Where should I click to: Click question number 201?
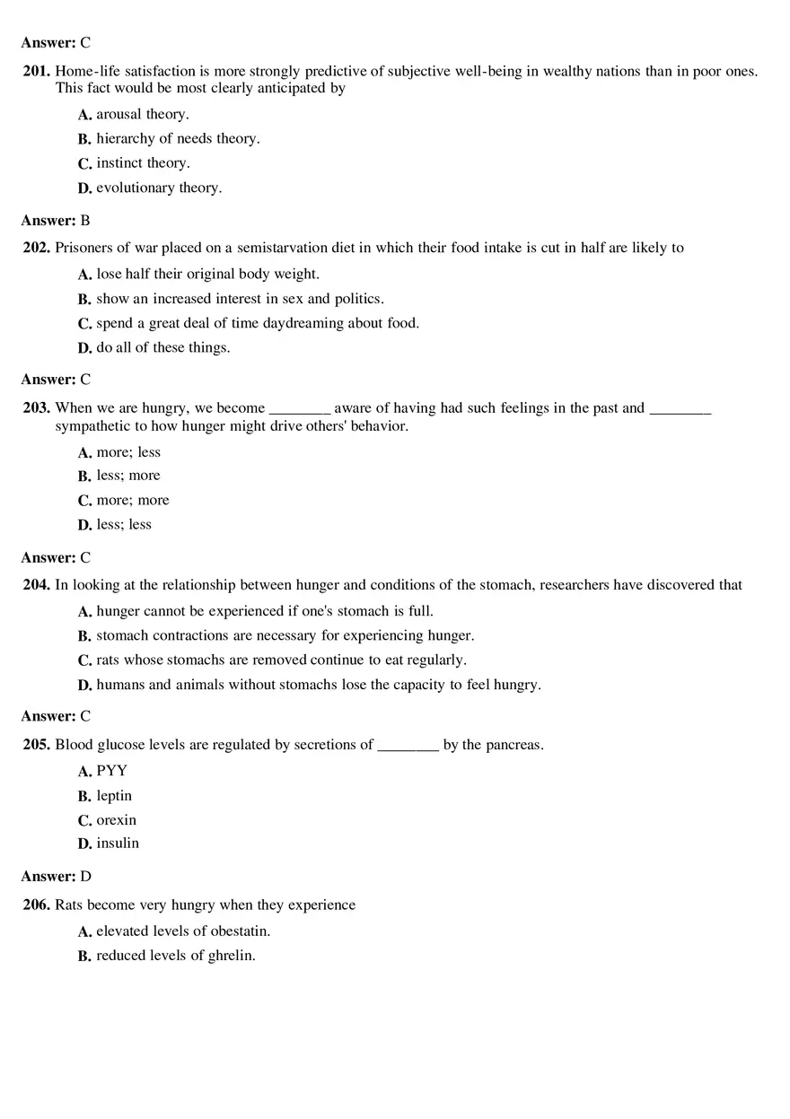coord(37,71)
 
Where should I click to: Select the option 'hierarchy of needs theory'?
coord(178,138)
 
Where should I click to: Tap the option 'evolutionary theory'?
coord(159,188)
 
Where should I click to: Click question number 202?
coord(37,248)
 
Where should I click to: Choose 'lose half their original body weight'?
coord(207,274)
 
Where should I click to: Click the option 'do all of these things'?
coord(162,347)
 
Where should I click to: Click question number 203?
coord(37,407)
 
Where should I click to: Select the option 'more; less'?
coord(128,452)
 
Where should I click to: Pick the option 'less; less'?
coord(124,524)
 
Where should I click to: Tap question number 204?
coord(37,585)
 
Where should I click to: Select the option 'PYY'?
coord(112,770)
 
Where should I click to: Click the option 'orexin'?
coord(117,819)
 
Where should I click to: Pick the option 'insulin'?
coord(118,843)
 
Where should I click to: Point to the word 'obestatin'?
coord(239,931)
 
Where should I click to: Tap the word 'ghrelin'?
coord(232,956)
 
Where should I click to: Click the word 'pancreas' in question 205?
coord(513,745)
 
